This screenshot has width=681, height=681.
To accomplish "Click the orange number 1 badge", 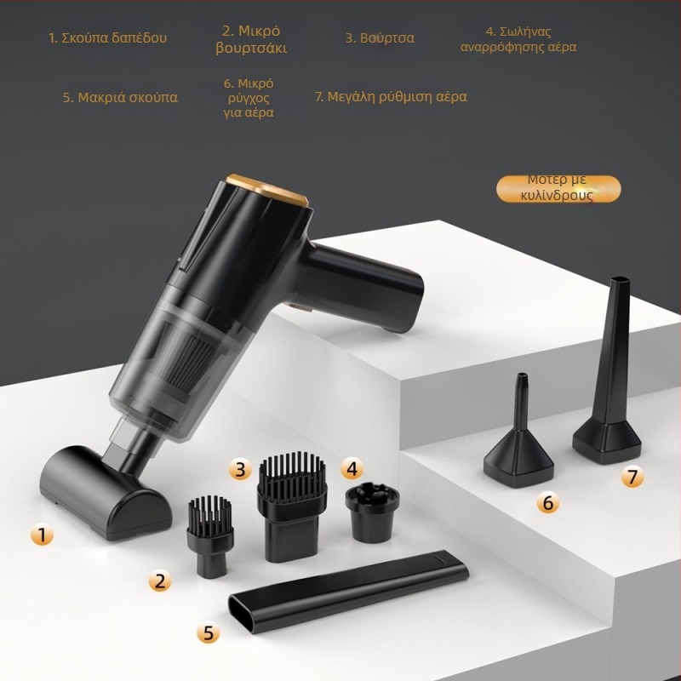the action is [x=42, y=535].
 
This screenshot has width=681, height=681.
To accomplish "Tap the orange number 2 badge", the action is [x=160, y=581].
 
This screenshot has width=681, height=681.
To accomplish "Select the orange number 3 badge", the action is [x=240, y=469].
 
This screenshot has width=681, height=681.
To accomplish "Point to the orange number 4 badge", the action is [x=352, y=469].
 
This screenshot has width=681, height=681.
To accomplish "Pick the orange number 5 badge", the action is [x=208, y=632].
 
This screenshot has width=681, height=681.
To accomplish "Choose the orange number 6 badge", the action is [x=547, y=502].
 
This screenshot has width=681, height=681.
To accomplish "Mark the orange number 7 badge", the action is [x=632, y=477].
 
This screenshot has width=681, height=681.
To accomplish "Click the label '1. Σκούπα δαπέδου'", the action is [x=108, y=37].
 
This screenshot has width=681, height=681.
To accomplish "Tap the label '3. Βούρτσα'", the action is [x=380, y=37].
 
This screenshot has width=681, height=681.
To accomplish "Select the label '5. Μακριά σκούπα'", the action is [x=120, y=97].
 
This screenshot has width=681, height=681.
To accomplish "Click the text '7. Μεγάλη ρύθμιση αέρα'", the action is [x=391, y=96].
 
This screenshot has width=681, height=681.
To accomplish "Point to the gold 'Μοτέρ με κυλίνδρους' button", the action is [x=558, y=188].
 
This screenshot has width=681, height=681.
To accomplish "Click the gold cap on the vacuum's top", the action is [x=269, y=189].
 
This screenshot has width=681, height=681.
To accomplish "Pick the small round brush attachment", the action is [x=210, y=536].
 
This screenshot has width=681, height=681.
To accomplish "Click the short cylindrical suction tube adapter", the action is [x=372, y=512].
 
